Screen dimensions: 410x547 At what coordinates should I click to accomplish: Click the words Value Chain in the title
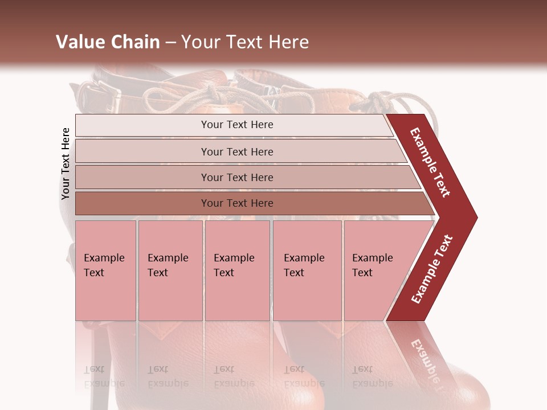[108, 42]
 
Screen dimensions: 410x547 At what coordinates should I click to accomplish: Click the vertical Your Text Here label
[66, 163]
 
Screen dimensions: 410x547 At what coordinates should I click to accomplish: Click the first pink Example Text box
[105, 270]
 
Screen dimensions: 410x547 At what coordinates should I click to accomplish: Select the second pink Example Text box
[170, 270]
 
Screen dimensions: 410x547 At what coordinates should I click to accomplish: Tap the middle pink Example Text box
[237, 270]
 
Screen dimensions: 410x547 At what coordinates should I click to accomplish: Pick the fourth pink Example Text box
[307, 270]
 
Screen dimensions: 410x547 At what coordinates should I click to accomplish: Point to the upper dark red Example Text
[430, 163]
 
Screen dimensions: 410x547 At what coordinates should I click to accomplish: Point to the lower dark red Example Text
[432, 269]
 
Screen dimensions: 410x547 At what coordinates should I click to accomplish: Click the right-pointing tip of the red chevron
[474, 217]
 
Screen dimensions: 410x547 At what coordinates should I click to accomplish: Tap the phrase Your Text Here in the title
[245, 42]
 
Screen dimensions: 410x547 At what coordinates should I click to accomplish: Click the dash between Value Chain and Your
[170, 43]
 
